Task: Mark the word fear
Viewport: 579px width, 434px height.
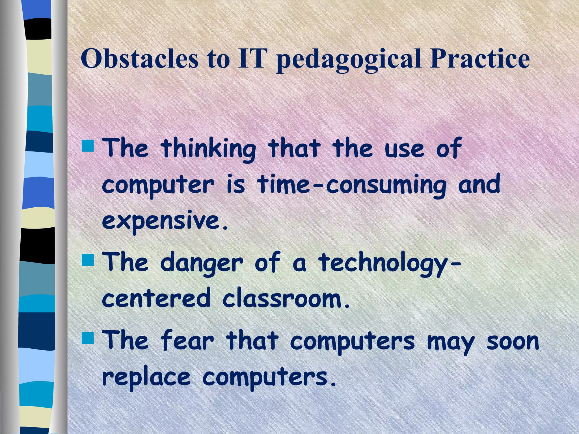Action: point(187,341)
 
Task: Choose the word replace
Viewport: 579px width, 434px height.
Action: point(146,377)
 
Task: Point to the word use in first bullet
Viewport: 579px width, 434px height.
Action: point(404,149)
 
